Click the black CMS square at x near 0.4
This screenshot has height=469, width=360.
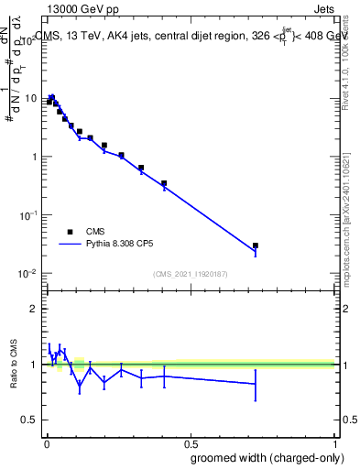(164, 183)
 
